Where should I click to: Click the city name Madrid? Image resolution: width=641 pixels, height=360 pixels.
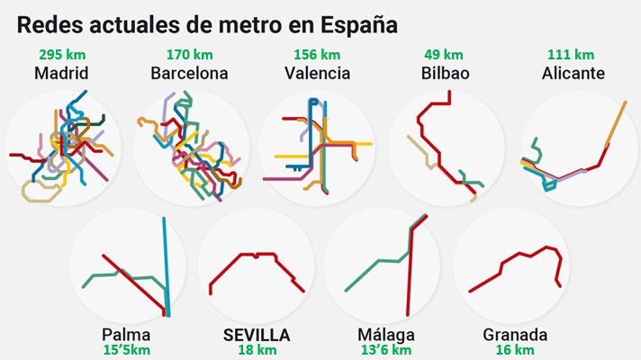point(60,73)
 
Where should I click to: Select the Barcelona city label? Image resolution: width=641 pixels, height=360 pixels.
point(189,73)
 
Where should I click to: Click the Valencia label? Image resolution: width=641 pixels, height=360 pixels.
point(317,73)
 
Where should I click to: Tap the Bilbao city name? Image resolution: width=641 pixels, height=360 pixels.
point(445,73)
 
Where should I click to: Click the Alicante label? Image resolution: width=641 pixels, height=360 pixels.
point(573,73)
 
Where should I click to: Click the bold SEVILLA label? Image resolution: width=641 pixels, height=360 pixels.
point(257,336)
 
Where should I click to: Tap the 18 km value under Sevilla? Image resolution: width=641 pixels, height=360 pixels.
point(257,350)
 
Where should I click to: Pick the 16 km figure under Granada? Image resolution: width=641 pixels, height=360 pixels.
point(514,350)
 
